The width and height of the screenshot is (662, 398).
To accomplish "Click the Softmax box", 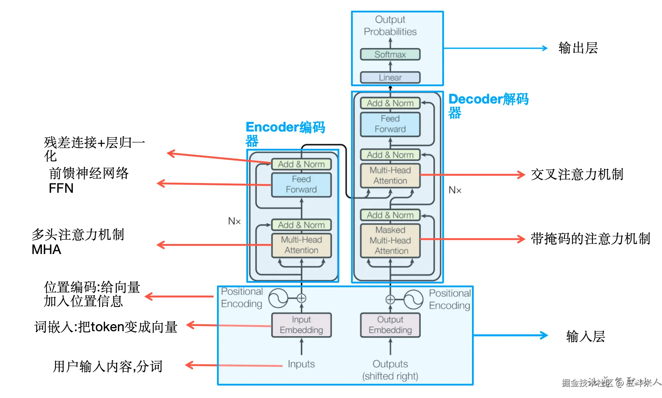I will [x=390, y=54].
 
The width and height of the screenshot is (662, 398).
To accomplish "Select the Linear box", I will [x=390, y=77].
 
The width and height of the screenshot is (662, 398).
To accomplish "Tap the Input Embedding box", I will [x=301, y=325].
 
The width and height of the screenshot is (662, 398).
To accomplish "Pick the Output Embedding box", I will [x=390, y=325].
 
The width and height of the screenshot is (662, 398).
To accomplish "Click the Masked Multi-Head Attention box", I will [x=390, y=240].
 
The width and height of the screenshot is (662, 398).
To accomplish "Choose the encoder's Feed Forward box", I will [x=301, y=184].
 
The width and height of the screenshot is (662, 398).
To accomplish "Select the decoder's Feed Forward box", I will [x=390, y=124].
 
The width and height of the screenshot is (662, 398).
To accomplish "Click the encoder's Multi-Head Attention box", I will [x=301, y=245].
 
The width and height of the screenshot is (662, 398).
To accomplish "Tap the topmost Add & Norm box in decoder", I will [x=390, y=103].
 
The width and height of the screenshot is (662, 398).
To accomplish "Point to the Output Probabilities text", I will [x=390, y=26].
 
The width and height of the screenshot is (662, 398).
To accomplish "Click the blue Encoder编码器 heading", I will [x=285, y=133].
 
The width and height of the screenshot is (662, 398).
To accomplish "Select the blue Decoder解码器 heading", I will [x=488, y=105].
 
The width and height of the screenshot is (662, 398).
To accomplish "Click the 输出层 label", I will [x=578, y=48].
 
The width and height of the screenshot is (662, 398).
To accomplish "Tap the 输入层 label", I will [x=586, y=336].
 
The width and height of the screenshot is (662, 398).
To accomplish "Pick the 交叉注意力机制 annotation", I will [x=577, y=174].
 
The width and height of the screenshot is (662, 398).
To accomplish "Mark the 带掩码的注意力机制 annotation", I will [x=590, y=239].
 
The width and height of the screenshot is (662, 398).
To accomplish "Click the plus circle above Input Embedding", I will [x=301, y=298].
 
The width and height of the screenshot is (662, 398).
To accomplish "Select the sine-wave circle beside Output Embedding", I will [x=414, y=299].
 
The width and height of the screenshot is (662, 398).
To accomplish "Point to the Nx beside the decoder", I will [x=455, y=190].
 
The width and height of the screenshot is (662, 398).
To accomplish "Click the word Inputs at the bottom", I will [x=301, y=364].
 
